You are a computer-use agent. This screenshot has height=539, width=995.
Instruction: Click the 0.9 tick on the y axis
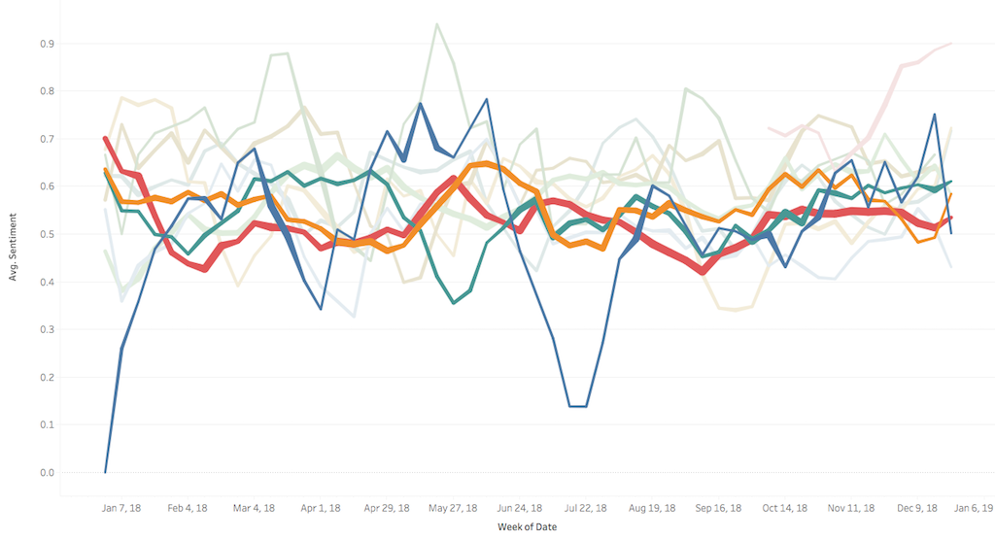[x=47, y=44]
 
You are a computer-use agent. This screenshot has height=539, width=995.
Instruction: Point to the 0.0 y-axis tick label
[x=47, y=473]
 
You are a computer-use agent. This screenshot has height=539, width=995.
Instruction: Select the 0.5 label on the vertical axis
[x=47, y=234]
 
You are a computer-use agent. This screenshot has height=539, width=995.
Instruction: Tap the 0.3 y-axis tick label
[x=47, y=330]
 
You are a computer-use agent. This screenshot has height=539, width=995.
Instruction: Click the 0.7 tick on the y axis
[x=47, y=139]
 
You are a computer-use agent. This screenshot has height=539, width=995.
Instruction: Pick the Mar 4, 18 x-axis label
[x=255, y=508]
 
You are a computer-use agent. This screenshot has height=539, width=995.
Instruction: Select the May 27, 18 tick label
[x=453, y=508]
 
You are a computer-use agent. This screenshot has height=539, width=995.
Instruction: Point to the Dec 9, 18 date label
[x=916, y=508]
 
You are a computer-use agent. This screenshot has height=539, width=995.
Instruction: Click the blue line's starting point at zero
[x=106, y=472]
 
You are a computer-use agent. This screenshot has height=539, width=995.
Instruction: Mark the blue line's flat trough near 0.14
[x=577, y=406]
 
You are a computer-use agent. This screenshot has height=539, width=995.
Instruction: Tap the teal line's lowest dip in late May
[x=454, y=303]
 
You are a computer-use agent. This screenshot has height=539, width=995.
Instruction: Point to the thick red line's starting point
[x=106, y=139]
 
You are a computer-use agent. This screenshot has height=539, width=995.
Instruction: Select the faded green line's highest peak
[x=437, y=24]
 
